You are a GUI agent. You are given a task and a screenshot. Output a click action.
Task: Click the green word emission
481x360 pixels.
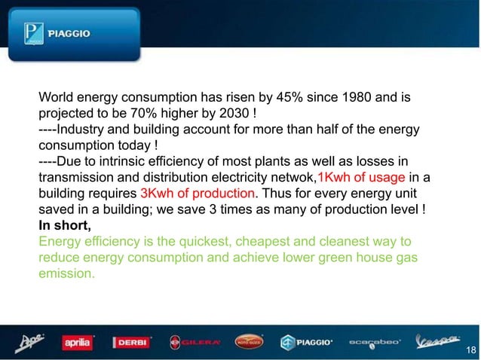coord(67,273)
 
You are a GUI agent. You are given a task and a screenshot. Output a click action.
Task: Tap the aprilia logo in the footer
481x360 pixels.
coord(76,343)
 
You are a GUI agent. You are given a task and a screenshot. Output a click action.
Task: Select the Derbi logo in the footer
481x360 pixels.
coord(132,343)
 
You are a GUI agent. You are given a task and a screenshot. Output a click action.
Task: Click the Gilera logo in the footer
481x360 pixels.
coord(195,343)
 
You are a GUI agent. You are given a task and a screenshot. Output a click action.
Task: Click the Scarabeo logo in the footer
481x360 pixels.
coord(376,343)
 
